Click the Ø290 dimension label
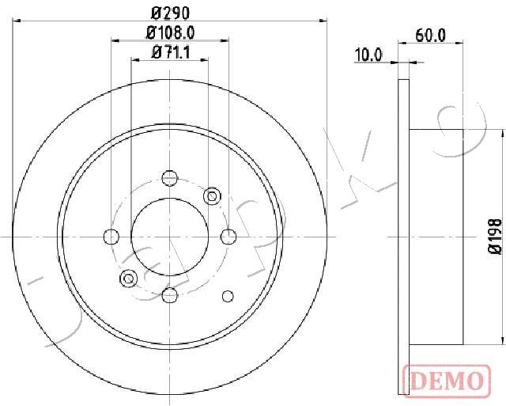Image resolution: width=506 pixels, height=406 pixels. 170,13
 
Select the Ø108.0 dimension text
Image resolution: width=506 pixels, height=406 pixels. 170,32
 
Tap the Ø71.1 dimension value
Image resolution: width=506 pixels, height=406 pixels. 170,52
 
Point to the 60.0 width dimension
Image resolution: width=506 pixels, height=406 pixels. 430,35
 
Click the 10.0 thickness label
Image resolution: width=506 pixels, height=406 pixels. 368,55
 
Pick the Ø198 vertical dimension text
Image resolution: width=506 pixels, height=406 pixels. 496,237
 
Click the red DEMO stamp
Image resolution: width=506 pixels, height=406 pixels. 447,381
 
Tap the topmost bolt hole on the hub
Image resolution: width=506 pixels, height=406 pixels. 169,178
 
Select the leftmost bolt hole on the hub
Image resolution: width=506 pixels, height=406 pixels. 111,237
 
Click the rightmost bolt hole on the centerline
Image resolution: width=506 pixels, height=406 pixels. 228,237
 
